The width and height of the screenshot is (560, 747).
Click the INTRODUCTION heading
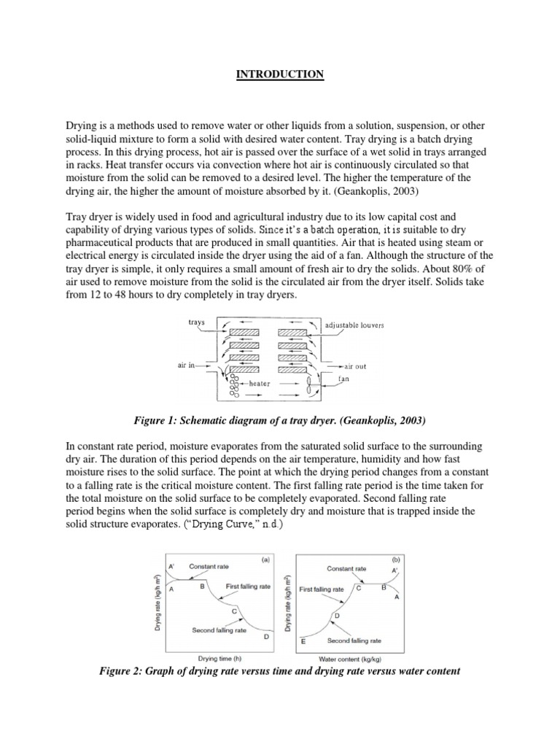280,74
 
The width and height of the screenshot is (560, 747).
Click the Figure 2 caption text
280,670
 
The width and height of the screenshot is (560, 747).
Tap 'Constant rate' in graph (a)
207,566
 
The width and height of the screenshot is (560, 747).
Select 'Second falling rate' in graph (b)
354,640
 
